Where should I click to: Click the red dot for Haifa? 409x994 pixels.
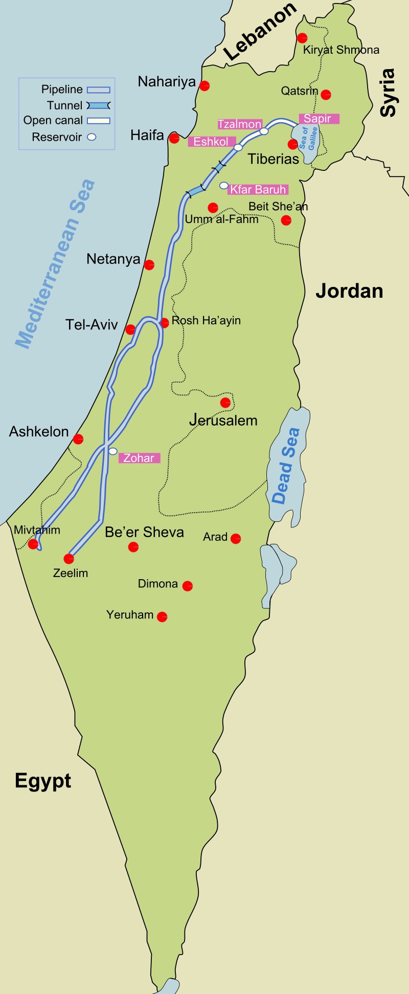tap(174, 138)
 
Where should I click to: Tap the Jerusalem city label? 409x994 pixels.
tap(223, 421)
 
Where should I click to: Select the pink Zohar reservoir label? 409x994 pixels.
tap(139, 458)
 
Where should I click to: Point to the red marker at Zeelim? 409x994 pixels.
tap(69, 559)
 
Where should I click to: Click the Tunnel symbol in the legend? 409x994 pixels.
tap(99, 105)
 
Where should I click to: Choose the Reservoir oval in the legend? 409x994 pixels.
tap(92, 137)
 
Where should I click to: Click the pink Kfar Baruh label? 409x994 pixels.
tap(258, 189)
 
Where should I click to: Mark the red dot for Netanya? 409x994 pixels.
tap(149, 264)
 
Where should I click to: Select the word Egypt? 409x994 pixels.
tap(43, 781)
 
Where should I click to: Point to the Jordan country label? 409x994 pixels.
tap(349, 291)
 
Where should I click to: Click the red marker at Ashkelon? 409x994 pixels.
tap(78, 439)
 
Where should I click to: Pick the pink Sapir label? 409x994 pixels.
tap(317, 119)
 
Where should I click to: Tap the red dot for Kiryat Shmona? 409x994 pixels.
tap(302, 38)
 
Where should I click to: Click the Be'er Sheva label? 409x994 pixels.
tap(144, 532)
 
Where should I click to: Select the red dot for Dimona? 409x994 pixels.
tap(188, 586)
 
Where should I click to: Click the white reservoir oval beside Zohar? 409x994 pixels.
tap(113, 451)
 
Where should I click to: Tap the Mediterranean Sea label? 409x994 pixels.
tap(55, 264)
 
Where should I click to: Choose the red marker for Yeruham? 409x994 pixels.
tap(162, 616)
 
